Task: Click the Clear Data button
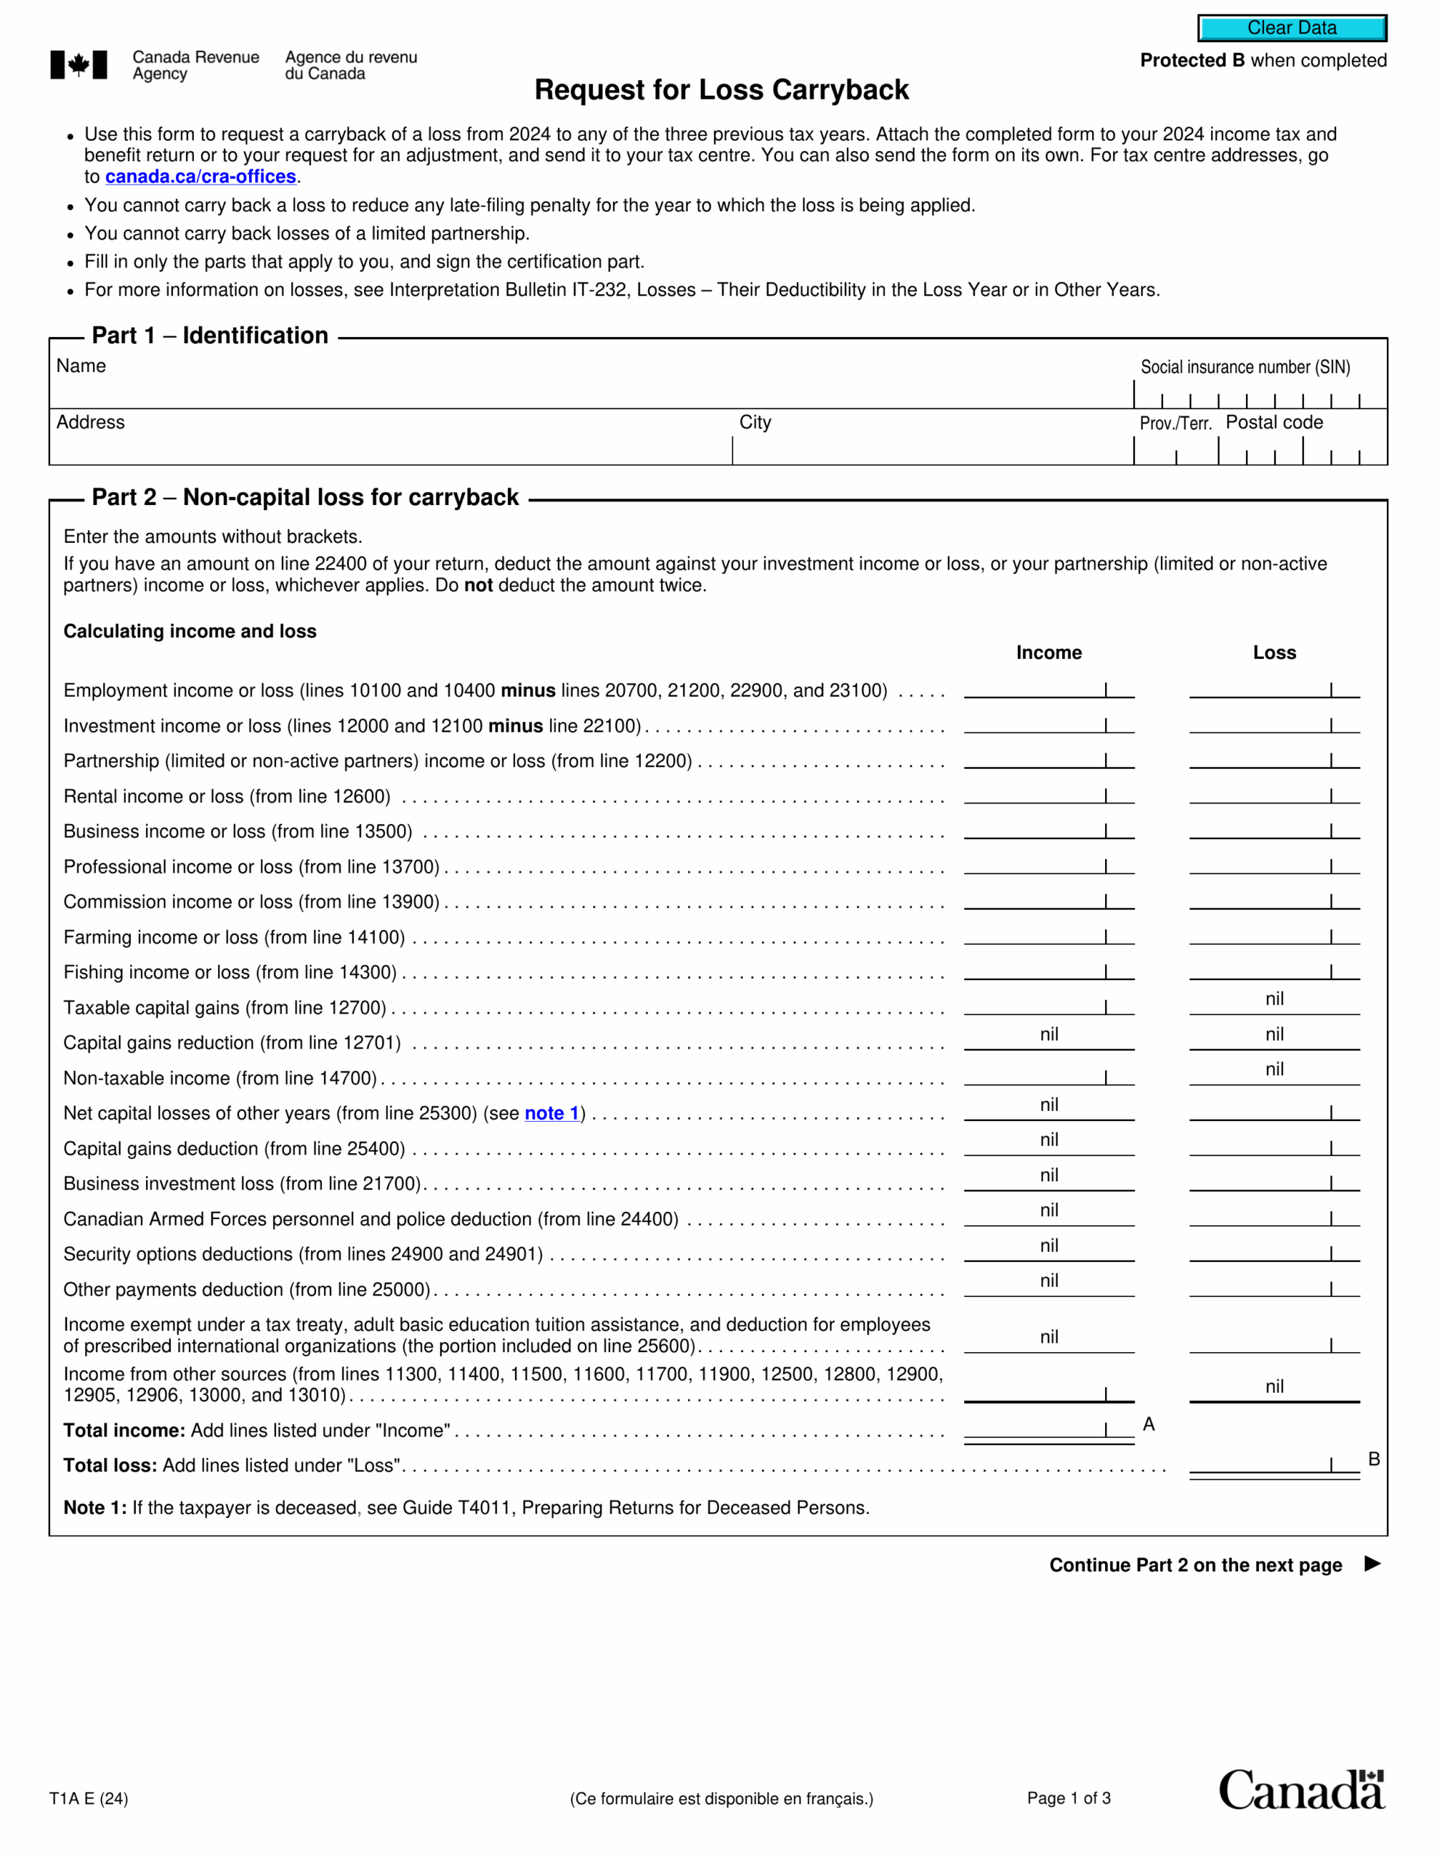(1292, 28)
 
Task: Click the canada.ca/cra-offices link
(201, 177)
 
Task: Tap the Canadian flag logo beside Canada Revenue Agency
(78, 65)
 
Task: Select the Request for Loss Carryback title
(721, 89)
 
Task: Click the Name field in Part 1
(588, 390)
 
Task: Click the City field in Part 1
(932, 449)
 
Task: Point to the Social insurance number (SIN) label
(1245, 367)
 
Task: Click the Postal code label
(1274, 422)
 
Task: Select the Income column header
(1048, 652)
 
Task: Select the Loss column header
(1274, 652)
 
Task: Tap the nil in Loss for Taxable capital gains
(1274, 999)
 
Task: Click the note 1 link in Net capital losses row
(551, 1113)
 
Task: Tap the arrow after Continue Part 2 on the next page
(1372, 1564)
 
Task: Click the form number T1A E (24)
(89, 1799)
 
